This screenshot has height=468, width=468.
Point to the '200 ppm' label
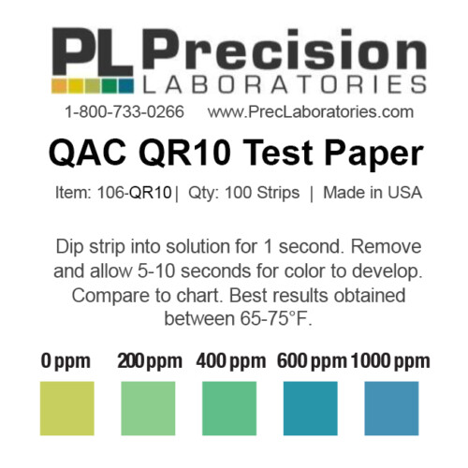(149, 361)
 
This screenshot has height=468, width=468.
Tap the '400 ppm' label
(230, 361)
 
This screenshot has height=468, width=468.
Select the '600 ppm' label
(310, 361)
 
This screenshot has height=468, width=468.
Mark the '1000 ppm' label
(389, 361)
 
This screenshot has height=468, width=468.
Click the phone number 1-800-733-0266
(124, 111)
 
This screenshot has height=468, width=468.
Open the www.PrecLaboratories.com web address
(310, 111)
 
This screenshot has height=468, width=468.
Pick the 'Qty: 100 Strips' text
(249, 194)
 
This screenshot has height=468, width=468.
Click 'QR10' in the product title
(228, 154)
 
